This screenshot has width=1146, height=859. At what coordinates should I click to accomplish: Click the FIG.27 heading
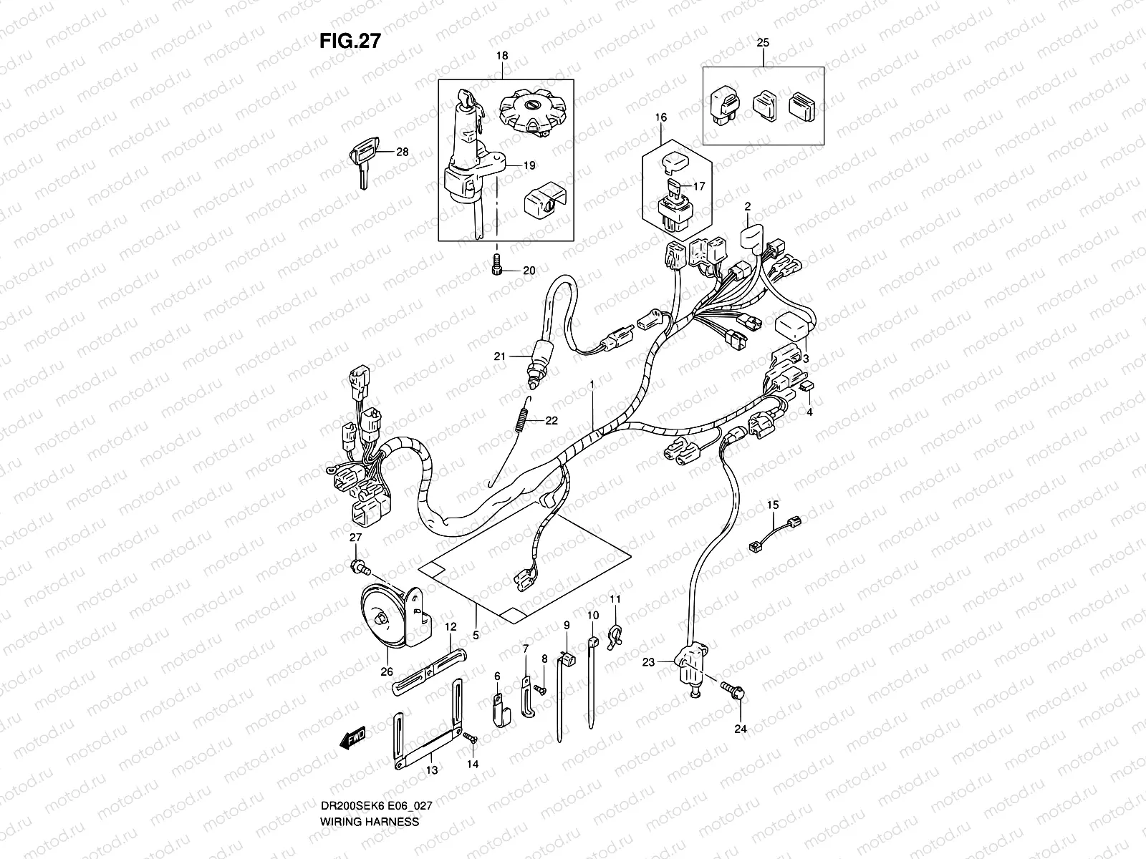click(350, 42)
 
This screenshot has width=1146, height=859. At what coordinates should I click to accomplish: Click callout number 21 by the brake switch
click(519, 356)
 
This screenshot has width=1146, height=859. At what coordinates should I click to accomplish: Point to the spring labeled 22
click(524, 419)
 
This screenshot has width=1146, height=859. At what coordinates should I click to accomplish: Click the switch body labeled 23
click(690, 669)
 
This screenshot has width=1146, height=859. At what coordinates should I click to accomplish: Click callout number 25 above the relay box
click(763, 43)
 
